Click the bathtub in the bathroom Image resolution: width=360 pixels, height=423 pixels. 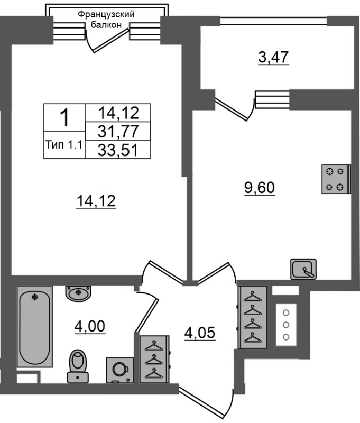pyautogui.click(x=35, y=326)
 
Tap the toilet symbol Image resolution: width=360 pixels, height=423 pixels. pyautogui.click(x=78, y=366)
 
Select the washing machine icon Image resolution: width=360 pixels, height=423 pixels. pyautogui.click(x=120, y=370)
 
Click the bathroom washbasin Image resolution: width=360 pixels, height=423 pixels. pyautogui.click(x=78, y=293)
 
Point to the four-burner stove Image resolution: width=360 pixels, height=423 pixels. pyautogui.click(x=336, y=179)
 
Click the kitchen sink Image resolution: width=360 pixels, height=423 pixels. pyautogui.click(x=303, y=269)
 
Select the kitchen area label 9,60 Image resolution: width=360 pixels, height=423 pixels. pyautogui.click(x=260, y=188)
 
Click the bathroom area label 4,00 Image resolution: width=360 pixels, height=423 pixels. pyautogui.click(x=90, y=327)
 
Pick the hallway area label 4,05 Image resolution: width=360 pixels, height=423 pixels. pyautogui.click(x=200, y=333)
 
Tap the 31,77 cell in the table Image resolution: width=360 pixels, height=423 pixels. pyautogui.click(x=118, y=131)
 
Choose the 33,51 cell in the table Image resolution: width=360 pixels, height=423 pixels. pyautogui.click(x=118, y=150)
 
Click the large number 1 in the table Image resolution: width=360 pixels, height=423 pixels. pyautogui.click(x=64, y=117)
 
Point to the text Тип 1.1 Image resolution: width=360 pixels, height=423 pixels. pyautogui.click(x=64, y=145)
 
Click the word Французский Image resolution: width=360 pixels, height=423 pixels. pyautogui.click(x=106, y=14)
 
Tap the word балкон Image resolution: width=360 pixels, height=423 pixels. pyautogui.click(x=106, y=25)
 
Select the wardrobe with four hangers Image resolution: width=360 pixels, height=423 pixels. pyautogui.click(x=252, y=317)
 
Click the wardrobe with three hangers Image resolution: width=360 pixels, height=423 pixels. pyautogui.click(x=155, y=360)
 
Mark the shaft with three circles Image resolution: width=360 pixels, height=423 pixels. pyautogui.click(x=286, y=325)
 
